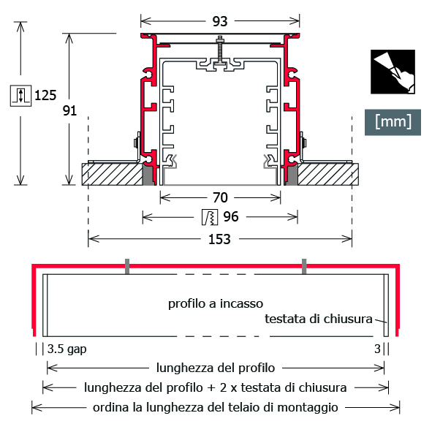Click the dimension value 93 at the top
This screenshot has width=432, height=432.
pos(220,21)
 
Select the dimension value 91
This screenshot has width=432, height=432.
pos(69,110)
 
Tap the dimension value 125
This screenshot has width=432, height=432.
pos(45,95)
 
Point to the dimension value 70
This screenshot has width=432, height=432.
pos(220,197)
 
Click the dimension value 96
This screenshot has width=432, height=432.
pos(231,217)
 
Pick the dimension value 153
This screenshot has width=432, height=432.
pos(219,239)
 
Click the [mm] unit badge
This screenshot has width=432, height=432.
pos(393,122)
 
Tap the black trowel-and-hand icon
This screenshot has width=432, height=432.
pos(393,72)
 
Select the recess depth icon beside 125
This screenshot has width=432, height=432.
pos(21,96)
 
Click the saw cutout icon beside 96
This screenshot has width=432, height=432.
pos(210,217)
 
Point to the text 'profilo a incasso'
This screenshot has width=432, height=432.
pos(216,303)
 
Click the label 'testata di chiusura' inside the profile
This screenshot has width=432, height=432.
pos(319,319)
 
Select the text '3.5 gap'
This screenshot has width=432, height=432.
pos(67,349)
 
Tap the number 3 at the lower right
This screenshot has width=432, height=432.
pos(377,349)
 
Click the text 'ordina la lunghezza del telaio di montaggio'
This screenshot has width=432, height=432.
pos(216,407)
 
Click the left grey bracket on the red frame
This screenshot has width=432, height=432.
pos(127,266)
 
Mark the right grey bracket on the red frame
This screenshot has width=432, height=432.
pos(304,266)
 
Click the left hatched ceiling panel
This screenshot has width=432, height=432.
pos(113,175)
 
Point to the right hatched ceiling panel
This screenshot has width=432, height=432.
pos(328,175)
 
